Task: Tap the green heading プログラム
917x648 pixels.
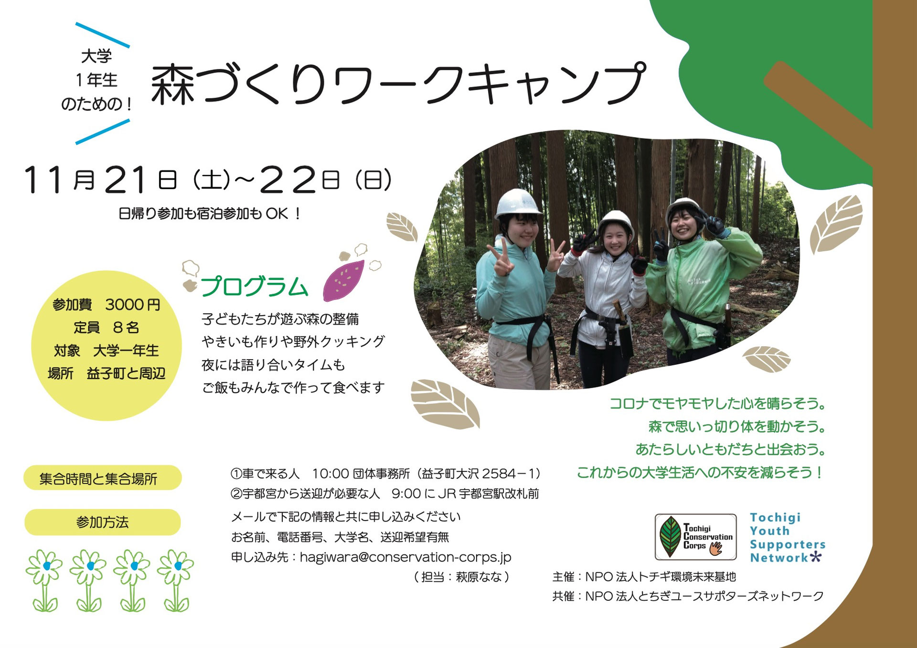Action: pyautogui.click(x=254, y=287)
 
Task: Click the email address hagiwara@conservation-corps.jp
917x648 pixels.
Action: pyautogui.click(x=405, y=557)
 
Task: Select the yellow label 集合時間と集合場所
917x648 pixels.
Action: pyautogui.click(x=102, y=478)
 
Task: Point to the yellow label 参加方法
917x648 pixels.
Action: pyautogui.click(x=102, y=522)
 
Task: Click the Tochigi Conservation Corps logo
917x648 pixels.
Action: pyautogui.click(x=695, y=537)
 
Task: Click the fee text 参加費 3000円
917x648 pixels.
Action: pyautogui.click(x=106, y=305)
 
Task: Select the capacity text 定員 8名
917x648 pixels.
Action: pyautogui.click(x=106, y=328)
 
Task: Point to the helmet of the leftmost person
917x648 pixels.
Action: pyautogui.click(x=517, y=202)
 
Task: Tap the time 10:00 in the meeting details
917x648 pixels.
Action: pyautogui.click(x=331, y=474)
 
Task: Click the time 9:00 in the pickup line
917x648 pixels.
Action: pyautogui.click(x=406, y=494)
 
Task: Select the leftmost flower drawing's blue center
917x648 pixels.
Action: pyautogui.click(x=46, y=566)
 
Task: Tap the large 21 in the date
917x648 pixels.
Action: pyautogui.click(x=125, y=181)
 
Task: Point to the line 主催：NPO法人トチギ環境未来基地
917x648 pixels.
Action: pyautogui.click(x=644, y=577)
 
